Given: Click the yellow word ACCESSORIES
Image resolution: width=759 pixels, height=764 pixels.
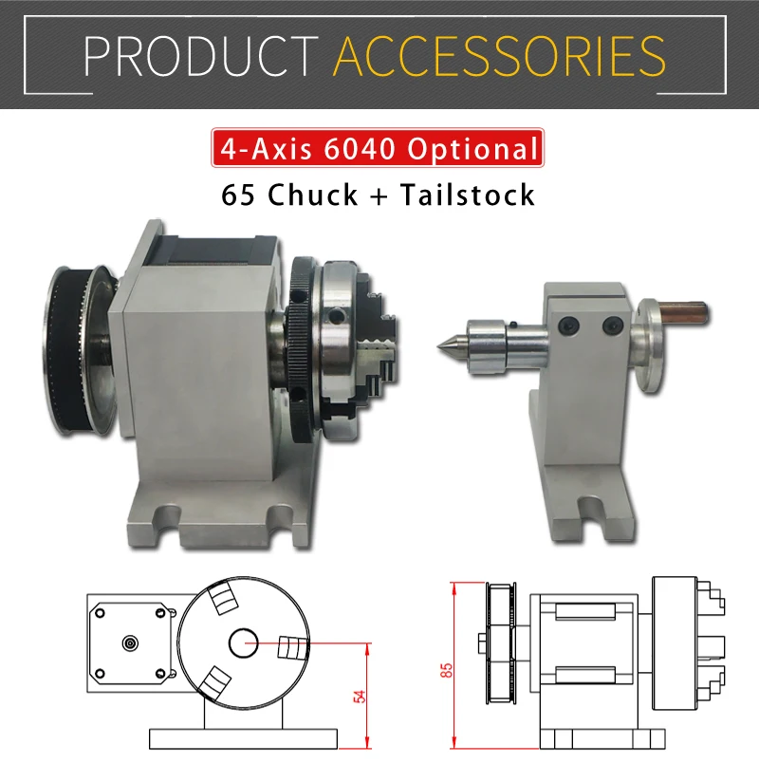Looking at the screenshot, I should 499,56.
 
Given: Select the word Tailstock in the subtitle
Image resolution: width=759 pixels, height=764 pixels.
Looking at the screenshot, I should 467,195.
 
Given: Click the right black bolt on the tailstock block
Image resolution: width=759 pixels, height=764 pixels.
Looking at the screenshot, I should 607,326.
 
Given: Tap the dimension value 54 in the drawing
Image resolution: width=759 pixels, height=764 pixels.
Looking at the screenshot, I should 358,695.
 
